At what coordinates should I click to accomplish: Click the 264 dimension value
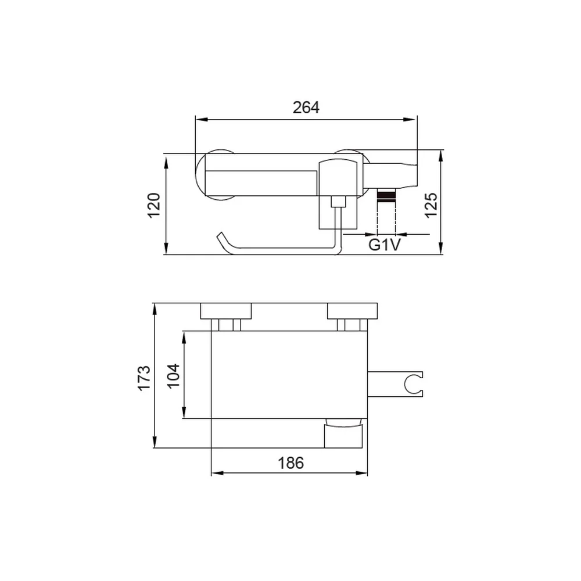(306, 107)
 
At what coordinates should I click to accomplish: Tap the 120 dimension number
(154, 206)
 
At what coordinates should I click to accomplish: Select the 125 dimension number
(431, 206)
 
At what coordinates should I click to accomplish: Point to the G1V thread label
(385, 245)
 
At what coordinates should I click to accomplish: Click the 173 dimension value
(144, 378)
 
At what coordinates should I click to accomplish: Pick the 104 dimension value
(173, 376)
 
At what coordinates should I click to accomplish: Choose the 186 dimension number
(291, 463)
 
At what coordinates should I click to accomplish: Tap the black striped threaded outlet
(386, 196)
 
